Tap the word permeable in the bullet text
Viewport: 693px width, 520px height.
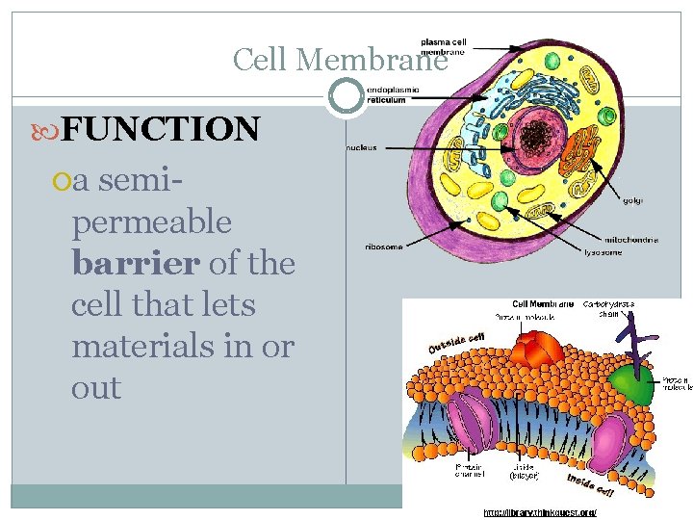(151, 222)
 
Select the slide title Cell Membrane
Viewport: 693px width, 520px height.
(340, 60)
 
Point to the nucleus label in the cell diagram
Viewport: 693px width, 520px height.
(364, 148)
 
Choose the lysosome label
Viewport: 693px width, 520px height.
(603, 252)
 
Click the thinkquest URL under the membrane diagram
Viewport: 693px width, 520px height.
(539, 513)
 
